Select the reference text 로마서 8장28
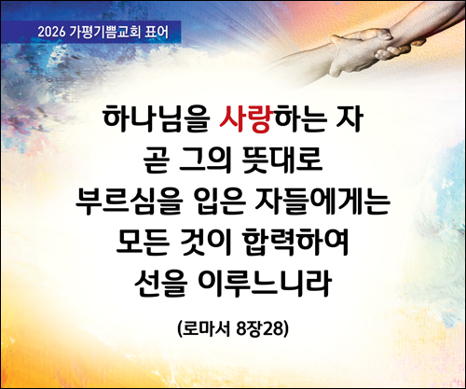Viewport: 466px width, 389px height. click(234, 329)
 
